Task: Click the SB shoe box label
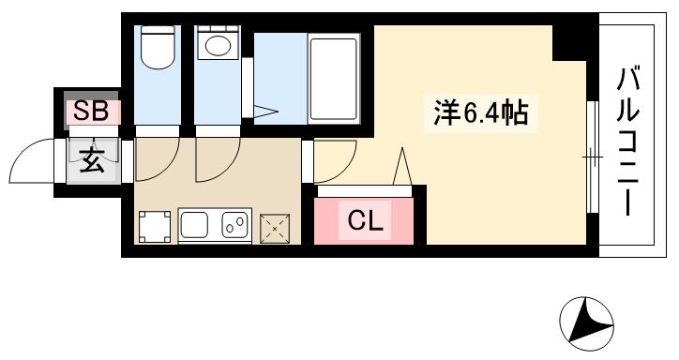tap(92, 112)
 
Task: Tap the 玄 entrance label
tap(92, 161)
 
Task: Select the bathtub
tap(335, 79)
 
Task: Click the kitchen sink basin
tap(198, 226)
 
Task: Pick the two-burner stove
tap(234, 226)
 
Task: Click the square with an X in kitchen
tap(274, 226)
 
